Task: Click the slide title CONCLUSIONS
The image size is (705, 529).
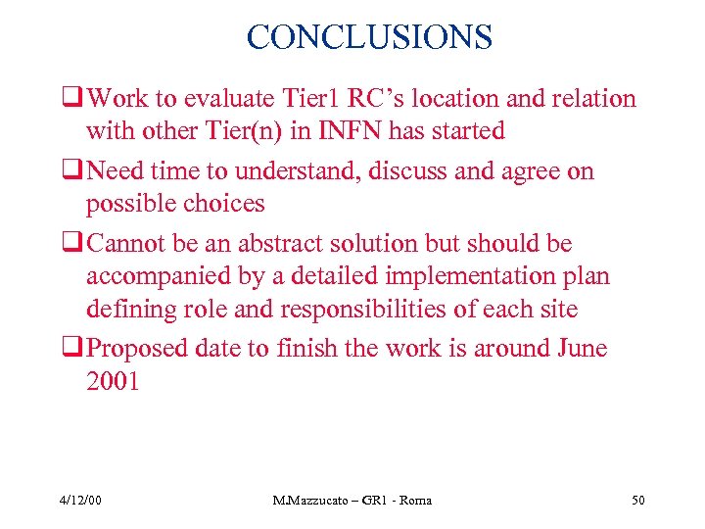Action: click(369, 37)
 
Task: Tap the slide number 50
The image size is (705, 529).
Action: click(638, 501)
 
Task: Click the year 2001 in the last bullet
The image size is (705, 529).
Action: click(113, 382)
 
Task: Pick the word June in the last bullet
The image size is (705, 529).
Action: click(581, 349)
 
